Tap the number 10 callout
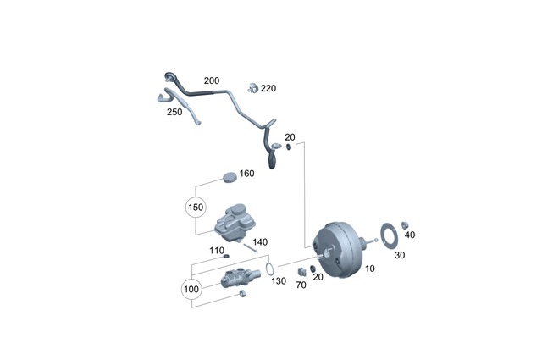coord(370,269)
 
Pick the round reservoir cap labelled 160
coord(228,176)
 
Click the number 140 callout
coord(260,242)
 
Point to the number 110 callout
coord(218,251)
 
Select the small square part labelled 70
coord(301,271)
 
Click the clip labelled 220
coord(252,87)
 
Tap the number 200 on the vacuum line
coord(211,81)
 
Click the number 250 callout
coord(174,112)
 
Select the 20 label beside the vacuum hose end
coord(290,137)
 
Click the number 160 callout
coord(246,174)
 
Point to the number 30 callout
coord(400,255)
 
